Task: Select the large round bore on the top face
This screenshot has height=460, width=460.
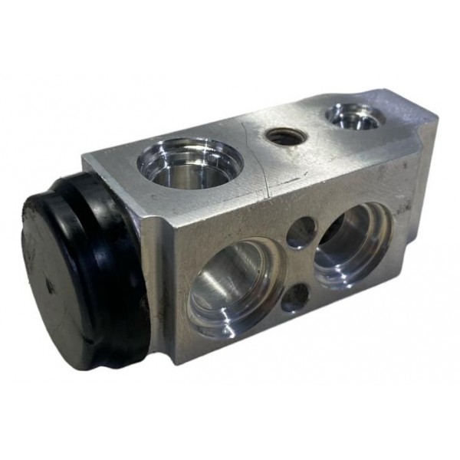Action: pos(189,163)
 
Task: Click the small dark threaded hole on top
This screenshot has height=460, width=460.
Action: pos(287,136)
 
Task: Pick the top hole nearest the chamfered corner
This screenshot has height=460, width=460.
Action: pos(354,116)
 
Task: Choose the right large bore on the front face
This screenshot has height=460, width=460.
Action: pos(352,244)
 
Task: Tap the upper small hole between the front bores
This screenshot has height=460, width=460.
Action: pos(301,232)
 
